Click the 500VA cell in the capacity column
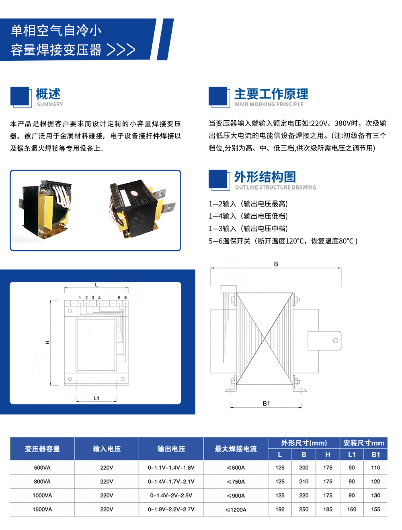[x=42, y=468]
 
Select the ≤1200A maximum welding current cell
[x=236, y=510]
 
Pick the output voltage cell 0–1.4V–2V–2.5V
[x=171, y=495]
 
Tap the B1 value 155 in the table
[x=375, y=509]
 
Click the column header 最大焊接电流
[x=236, y=449]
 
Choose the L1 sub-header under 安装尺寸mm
[x=352, y=455]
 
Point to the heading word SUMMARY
[x=50, y=104]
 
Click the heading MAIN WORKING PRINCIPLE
[x=269, y=104]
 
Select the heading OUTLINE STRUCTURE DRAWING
[x=276, y=188]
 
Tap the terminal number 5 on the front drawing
[x=119, y=298]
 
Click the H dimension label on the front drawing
[x=47, y=342]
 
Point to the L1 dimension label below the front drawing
[x=96, y=398]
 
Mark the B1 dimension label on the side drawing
[x=266, y=404]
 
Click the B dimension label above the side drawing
[x=276, y=264]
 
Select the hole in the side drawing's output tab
[x=335, y=341]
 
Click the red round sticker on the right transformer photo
[x=133, y=193]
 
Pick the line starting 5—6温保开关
[x=283, y=241]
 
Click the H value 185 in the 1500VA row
[x=328, y=509]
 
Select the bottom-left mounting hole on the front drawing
[x=70, y=379]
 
